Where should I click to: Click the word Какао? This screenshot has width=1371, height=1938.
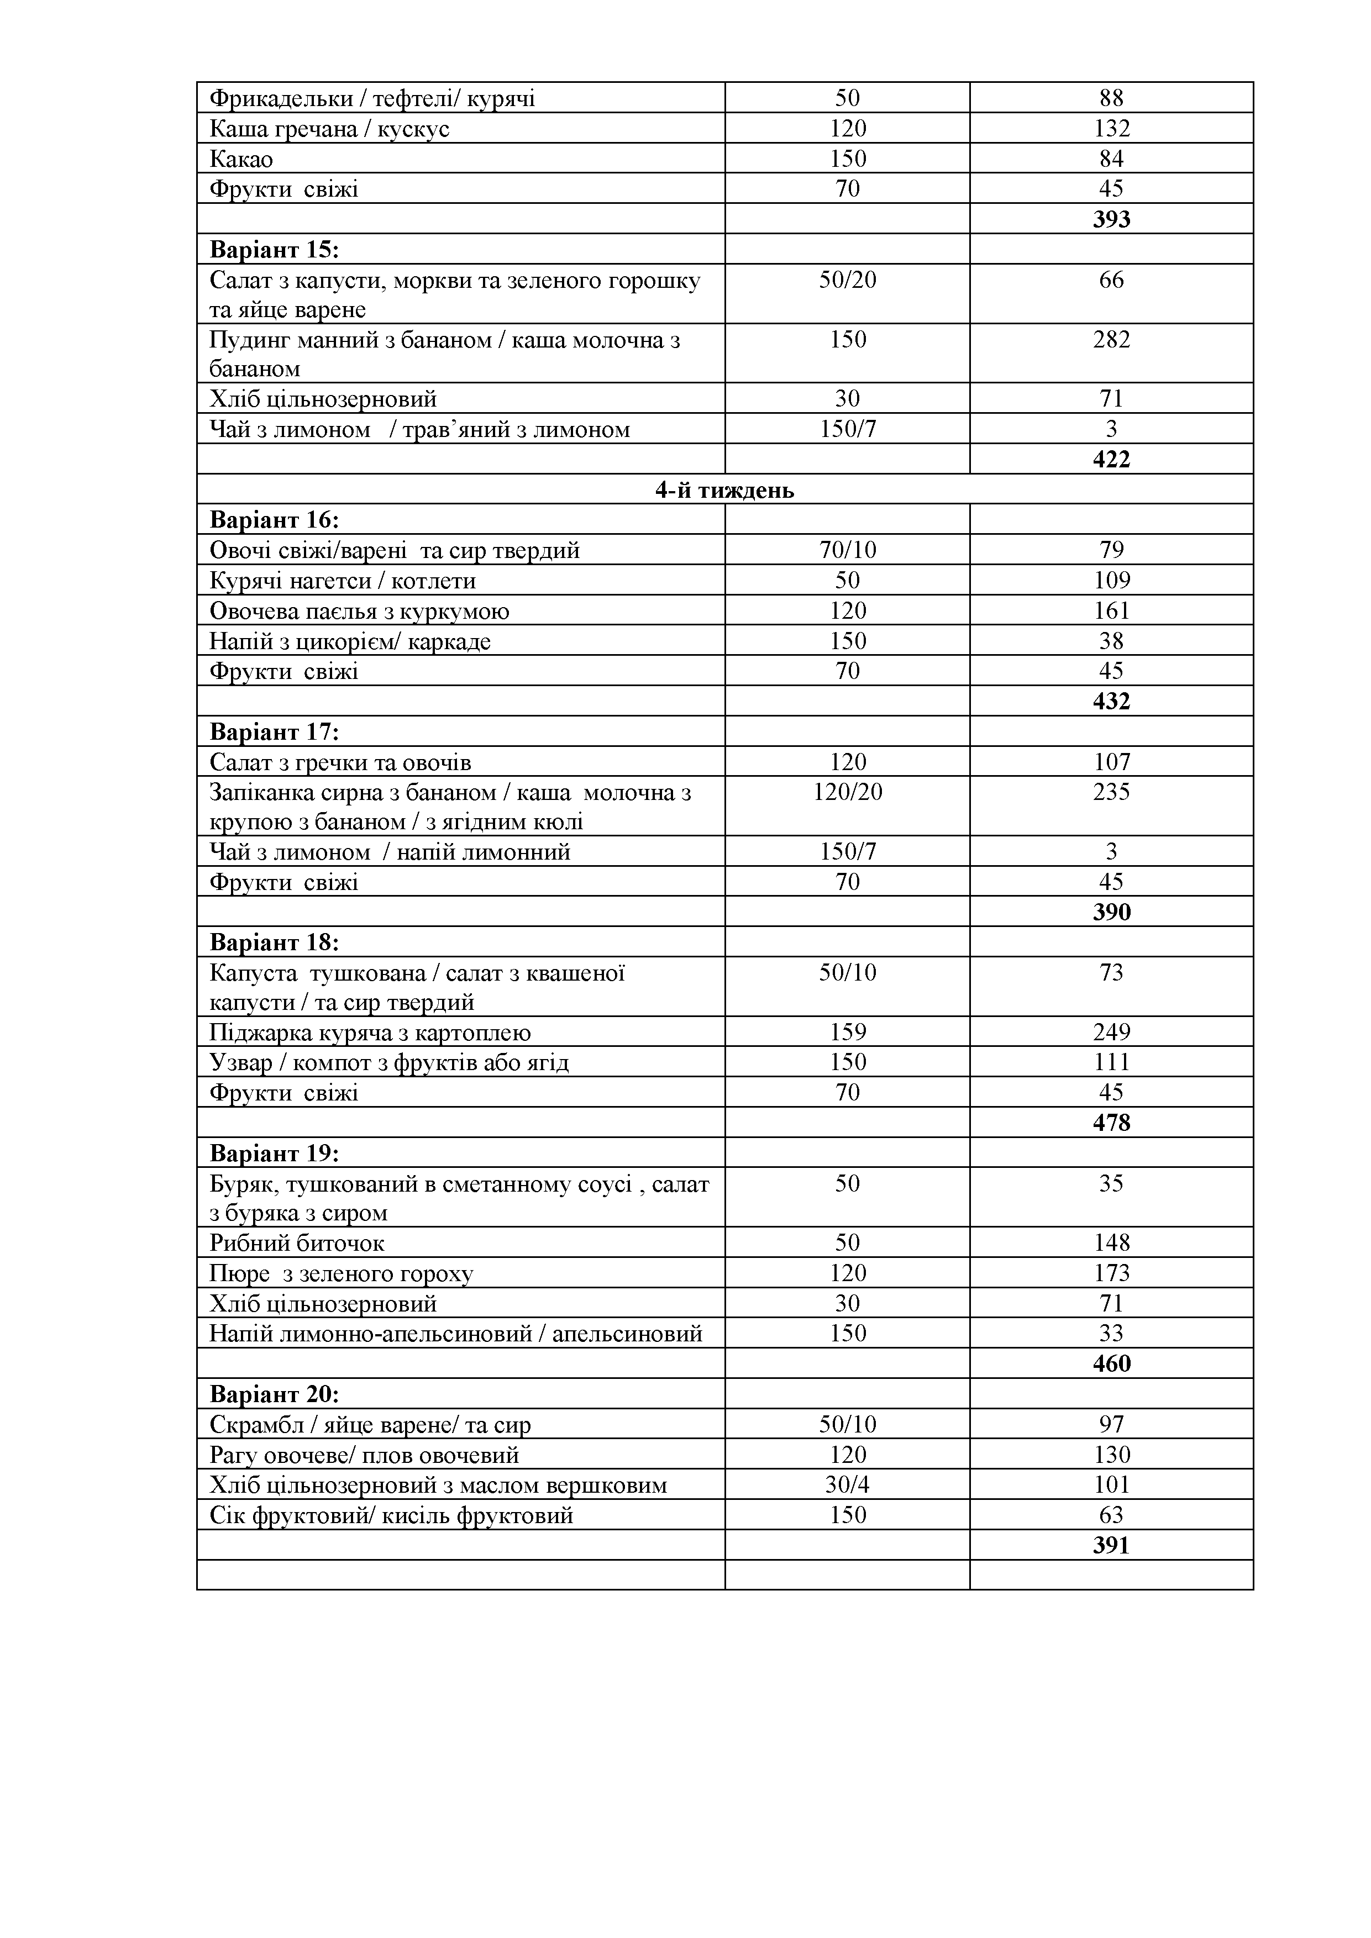pos(241,159)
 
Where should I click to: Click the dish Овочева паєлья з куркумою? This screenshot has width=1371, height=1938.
pos(359,611)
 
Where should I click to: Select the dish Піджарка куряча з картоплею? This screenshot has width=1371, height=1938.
pos(370,1033)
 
